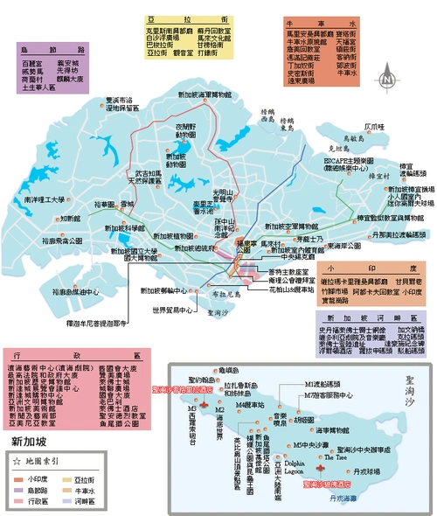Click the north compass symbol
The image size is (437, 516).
(385, 80)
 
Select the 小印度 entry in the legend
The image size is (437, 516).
(38, 479)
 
